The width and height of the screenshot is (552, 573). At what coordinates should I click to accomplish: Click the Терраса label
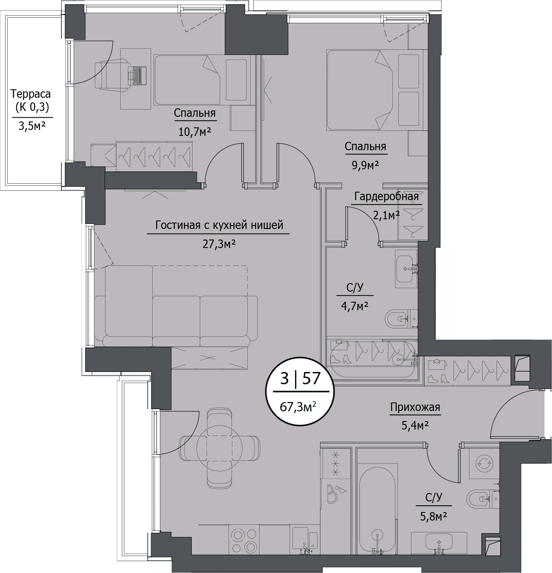(30, 94)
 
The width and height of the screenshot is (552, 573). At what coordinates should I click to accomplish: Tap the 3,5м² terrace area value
(32, 126)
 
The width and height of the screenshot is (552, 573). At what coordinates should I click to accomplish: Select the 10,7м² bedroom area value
(194, 132)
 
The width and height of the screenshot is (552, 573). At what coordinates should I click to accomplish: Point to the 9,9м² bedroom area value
(365, 165)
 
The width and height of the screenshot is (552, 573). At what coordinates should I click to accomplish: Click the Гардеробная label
(386, 196)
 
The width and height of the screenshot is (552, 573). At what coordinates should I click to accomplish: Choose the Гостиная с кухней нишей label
(219, 226)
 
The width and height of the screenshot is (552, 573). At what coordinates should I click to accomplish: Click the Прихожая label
(415, 407)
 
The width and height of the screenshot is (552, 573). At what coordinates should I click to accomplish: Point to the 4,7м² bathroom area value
(354, 306)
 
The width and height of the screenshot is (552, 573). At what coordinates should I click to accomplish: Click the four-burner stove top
(244, 539)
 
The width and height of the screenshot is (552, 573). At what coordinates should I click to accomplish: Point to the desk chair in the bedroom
(111, 75)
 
